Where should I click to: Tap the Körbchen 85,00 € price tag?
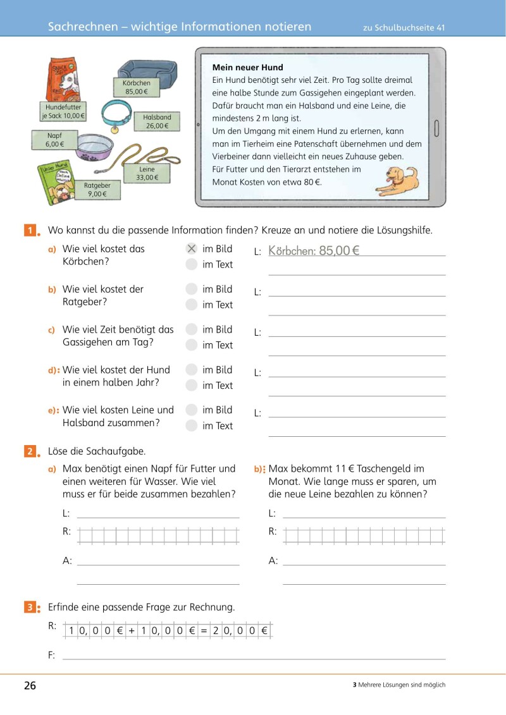(137, 87)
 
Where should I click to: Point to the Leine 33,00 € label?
(147, 174)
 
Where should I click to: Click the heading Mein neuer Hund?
(247, 68)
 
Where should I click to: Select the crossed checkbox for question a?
(192, 249)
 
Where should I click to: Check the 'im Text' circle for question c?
(192, 345)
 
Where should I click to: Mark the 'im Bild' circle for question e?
(192, 410)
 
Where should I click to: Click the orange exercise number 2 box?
(30, 451)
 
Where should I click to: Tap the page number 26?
(30, 686)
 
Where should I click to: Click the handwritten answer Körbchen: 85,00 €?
(314, 251)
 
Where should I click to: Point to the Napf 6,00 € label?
(55, 140)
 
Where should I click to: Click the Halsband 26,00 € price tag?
(157, 121)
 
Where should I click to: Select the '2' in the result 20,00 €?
(216, 630)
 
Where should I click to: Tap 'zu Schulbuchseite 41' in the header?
(404, 28)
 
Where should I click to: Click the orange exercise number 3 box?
(30, 608)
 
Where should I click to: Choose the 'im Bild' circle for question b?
(192, 290)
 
